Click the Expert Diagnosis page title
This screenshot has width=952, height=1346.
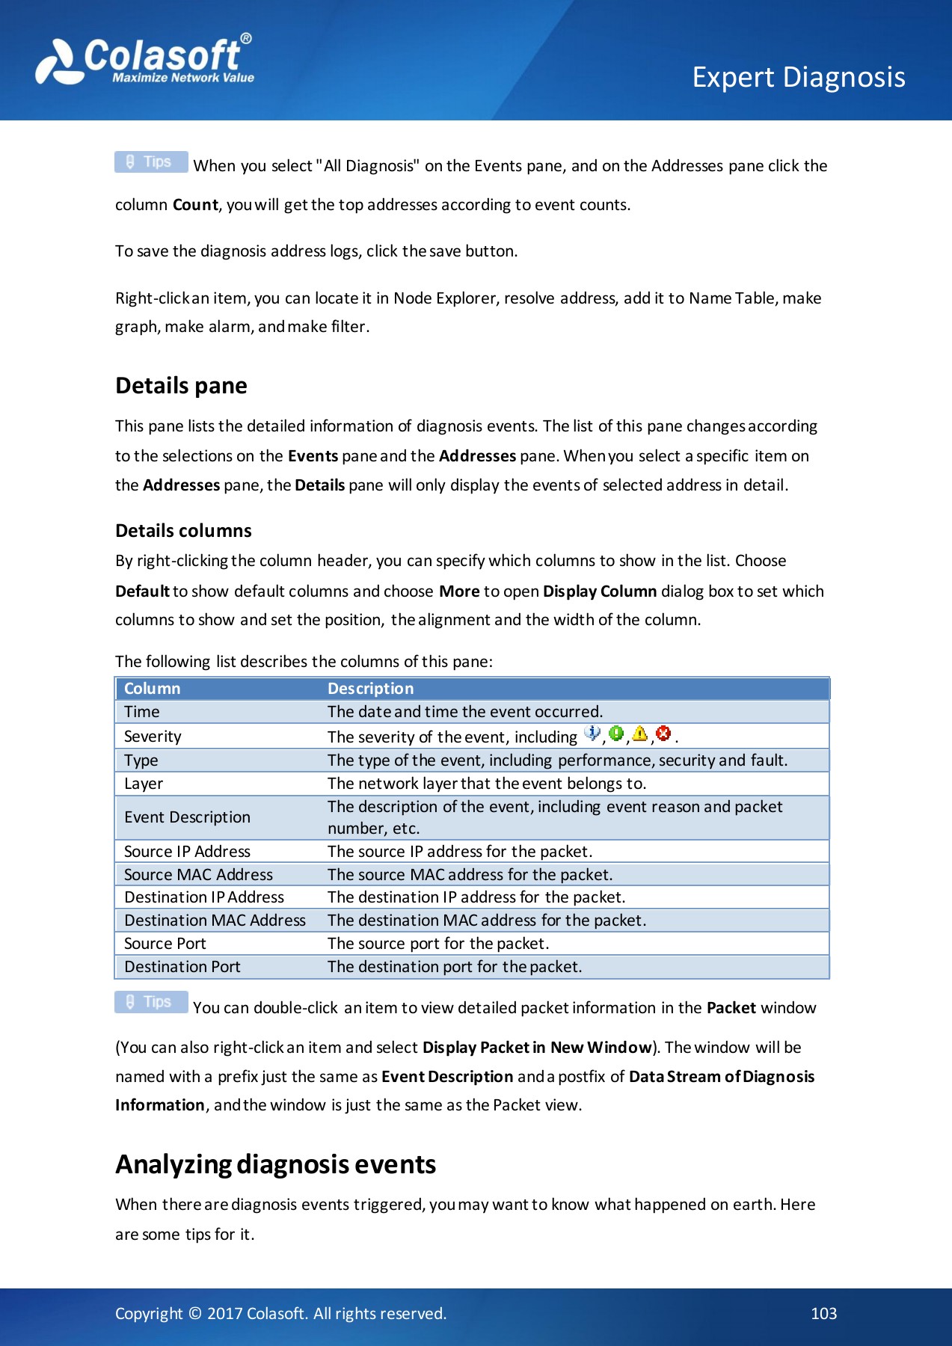pyautogui.click(x=798, y=77)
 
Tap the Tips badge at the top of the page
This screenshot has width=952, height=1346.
pyautogui.click(x=151, y=162)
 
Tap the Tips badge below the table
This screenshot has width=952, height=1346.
pyautogui.click(x=151, y=1002)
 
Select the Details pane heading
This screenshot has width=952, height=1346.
pyautogui.click(x=181, y=386)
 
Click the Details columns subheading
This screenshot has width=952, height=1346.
pyautogui.click(x=183, y=531)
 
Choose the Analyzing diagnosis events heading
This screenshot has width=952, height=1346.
pyautogui.click(x=275, y=1164)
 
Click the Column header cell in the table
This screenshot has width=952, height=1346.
pyautogui.click(x=153, y=689)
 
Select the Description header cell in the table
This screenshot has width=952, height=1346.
pyautogui.click(x=370, y=689)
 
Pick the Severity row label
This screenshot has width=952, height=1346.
pyautogui.click(x=153, y=737)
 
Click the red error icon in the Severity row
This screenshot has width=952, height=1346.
pyautogui.click(x=663, y=734)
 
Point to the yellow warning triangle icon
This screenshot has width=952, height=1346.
pyautogui.click(x=639, y=734)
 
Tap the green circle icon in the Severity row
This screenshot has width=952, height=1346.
pyautogui.click(x=616, y=734)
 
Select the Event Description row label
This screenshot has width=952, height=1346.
pyautogui.click(x=187, y=817)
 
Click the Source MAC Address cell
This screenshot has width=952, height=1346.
pyautogui.click(x=198, y=875)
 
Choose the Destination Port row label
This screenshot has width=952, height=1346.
pyautogui.click(x=182, y=967)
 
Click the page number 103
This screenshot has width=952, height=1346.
pyautogui.click(x=823, y=1314)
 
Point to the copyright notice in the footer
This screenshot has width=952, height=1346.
pyautogui.click(x=280, y=1314)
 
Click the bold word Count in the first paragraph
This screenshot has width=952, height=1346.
pyautogui.click(x=195, y=205)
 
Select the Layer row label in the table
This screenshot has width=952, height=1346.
pyautogui.click(x=144, y=784)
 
